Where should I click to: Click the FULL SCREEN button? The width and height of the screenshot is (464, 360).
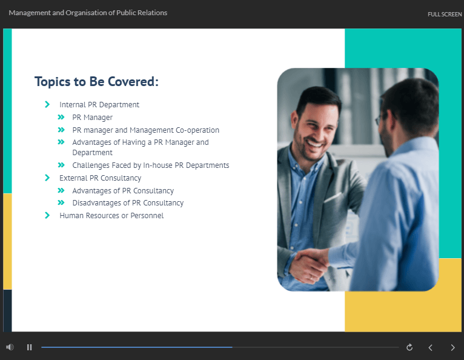point(445,14)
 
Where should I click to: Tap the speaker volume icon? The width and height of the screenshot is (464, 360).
point(10,347)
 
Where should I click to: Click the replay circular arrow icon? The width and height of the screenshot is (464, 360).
point(409,347)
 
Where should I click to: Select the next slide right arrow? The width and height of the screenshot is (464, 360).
point(452,347)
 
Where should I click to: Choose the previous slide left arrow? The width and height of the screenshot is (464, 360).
point(431,347)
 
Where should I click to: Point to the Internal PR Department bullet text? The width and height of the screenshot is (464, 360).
point(99,105)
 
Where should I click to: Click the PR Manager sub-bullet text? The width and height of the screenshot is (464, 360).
point(92,118)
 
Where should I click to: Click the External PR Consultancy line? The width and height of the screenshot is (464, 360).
point(101,178)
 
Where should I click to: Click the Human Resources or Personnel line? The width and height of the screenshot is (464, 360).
point(111,216)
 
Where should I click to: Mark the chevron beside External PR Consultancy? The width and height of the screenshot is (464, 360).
point(47,178)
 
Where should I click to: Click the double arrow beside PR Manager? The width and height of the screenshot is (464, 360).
point(61,117)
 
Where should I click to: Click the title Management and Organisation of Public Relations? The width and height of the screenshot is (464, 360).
point(88,13)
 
